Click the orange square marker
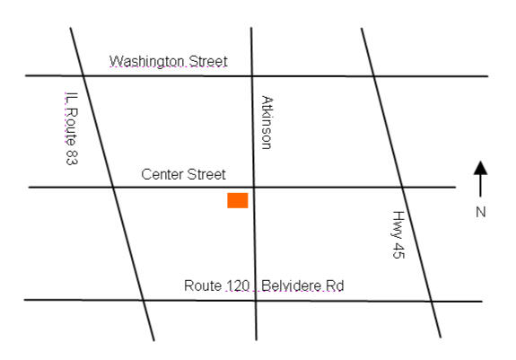point(237,200)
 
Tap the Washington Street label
point(169,62)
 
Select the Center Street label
point(184,174)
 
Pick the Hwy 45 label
point(399,235)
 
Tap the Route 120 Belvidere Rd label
point(264,286)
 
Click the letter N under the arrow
point(481,213)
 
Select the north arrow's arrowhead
point(481,168)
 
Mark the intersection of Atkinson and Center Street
point(253,187)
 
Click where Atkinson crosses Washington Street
point(251,76)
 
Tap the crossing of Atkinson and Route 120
point(256,301)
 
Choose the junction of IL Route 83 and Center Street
point(112,187)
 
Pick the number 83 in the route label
point(70,156)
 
